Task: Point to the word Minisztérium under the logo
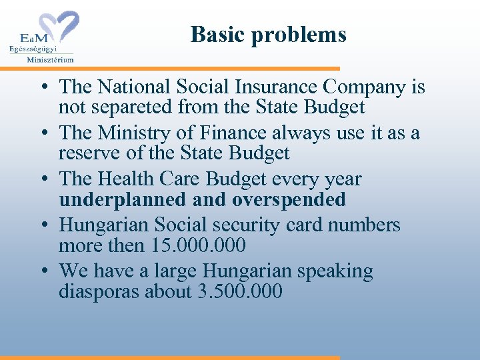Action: [x=50, y=59]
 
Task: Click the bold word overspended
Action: [x=289, y=199]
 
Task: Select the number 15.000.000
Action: [x=198, y=245]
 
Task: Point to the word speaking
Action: [x=335, y=272]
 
